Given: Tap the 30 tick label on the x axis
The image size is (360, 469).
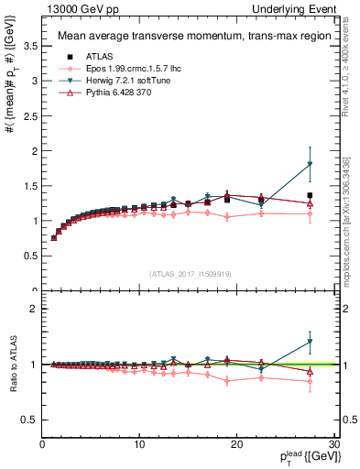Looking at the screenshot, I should coord(334,445).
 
